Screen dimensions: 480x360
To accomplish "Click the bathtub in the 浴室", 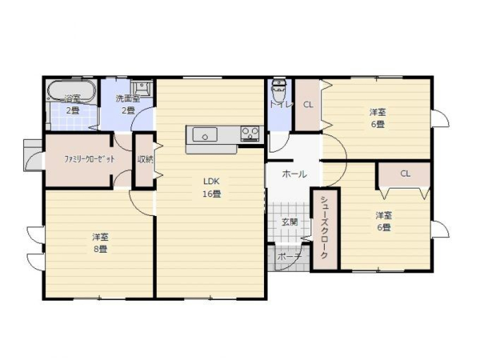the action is click(72, 91).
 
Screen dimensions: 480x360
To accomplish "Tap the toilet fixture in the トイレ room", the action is click(278, 91).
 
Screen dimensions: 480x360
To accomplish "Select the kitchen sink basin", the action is click(205, 134).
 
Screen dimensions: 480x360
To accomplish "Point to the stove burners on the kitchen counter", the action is click(250, 133).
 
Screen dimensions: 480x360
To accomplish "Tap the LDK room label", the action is click(211, 181).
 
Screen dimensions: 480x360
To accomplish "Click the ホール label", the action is click(294, 174).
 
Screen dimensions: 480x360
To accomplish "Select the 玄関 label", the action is click(290, 222).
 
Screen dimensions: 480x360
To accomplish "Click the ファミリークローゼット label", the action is click(89, 159).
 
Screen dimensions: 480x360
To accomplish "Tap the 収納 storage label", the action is click(145, 159).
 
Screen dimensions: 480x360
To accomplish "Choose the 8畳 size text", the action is click(100, 249).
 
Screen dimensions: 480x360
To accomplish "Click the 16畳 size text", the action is click(212, 194).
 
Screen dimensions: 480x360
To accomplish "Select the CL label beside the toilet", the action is click(308, 105).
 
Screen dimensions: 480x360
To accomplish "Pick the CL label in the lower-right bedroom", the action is click(405, 173).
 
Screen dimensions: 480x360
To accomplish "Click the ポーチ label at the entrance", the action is click(289, 257).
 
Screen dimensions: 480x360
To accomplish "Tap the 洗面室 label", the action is click(128, 99).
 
